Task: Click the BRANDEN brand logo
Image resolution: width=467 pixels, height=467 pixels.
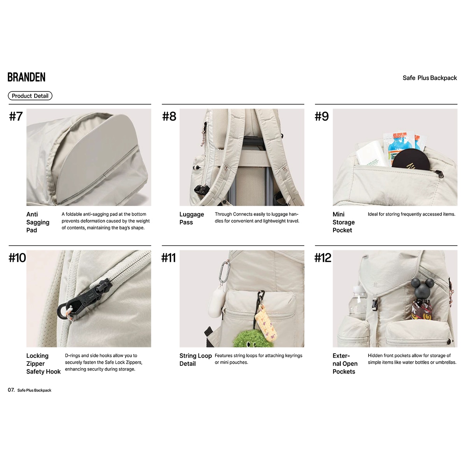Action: pos(26,77)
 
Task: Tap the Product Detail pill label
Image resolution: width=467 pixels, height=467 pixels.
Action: pos(30,96)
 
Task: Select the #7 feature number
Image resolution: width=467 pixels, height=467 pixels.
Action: pos(16,116)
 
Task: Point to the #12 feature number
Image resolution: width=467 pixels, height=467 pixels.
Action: pos(323,258)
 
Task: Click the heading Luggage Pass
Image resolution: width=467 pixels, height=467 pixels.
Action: pos(191,218)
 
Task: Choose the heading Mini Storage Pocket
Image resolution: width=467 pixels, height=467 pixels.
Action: pos(343,222)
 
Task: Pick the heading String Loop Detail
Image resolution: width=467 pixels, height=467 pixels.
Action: pos(195,360)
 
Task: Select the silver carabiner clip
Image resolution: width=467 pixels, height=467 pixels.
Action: pos(225,271)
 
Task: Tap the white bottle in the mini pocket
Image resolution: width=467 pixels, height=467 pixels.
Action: pos(371,154)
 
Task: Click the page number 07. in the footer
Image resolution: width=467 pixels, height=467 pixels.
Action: pos(11,390)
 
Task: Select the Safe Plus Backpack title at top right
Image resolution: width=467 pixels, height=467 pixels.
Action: pos(430,78)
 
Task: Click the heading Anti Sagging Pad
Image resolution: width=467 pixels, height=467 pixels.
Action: pos(38,222)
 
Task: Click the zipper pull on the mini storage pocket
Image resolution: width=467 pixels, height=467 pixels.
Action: pos(440,174)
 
